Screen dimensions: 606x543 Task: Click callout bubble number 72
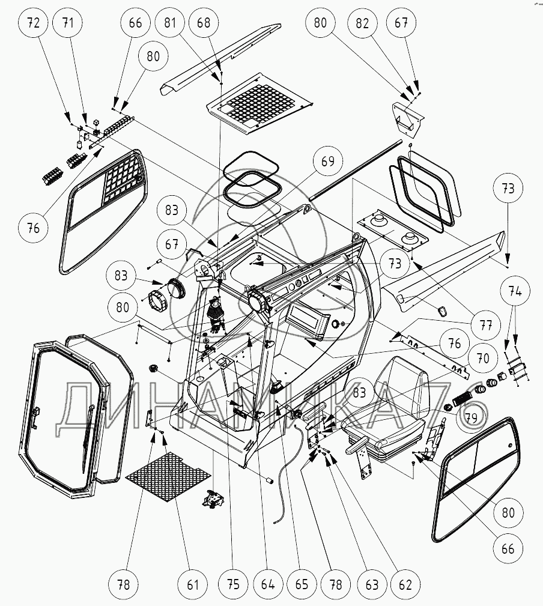tap(34, 24)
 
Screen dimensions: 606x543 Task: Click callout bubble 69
tap(328, 162)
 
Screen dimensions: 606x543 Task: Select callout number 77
tap(486, 326)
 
